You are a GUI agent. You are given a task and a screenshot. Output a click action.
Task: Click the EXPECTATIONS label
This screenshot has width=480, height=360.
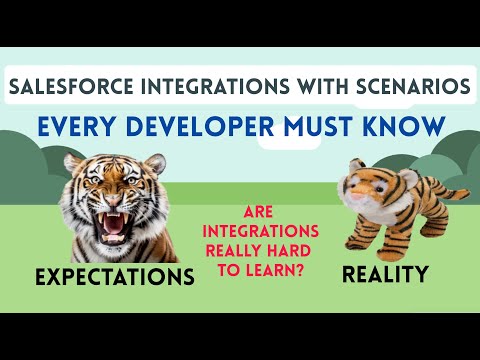click(113, 277)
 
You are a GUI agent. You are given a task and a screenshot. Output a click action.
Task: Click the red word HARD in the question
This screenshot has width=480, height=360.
click(297, 250)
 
